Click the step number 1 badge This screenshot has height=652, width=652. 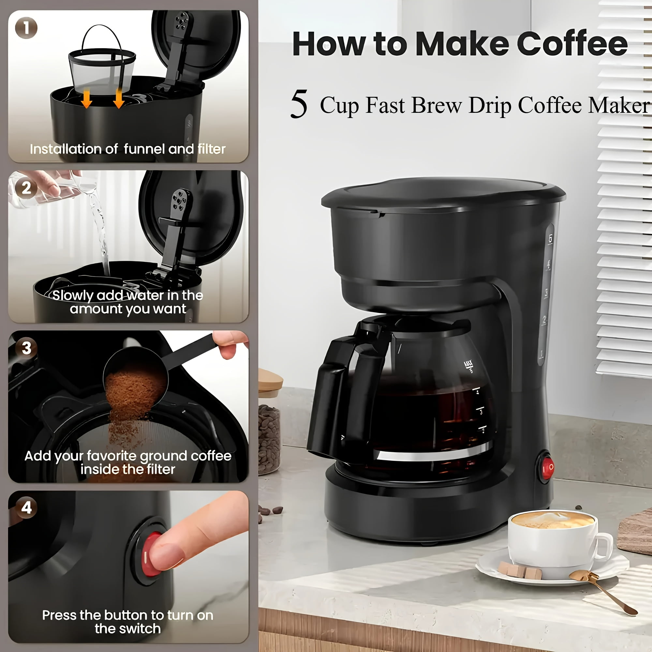[x=26, y=28]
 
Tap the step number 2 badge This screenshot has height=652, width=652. [x=26, y=188]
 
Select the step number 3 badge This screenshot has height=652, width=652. [x=26, y=348]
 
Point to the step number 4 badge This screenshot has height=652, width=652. [x=26, y=507]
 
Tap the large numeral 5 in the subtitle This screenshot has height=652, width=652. [x=299, y=105]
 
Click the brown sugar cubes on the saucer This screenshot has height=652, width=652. [x=520, y=570]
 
